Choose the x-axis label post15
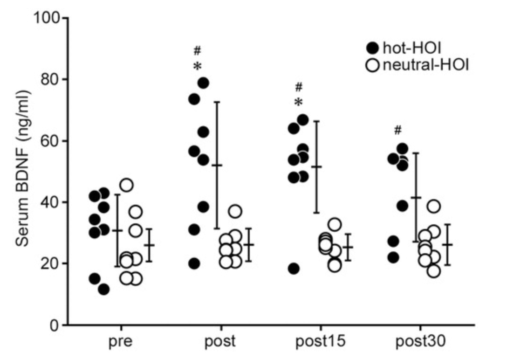click(x=320, y=343)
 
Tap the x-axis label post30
click(x=421, y=343)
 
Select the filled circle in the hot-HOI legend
click(x=372, y=48)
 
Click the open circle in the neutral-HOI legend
click(x=372, y=65)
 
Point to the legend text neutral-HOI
click(x=425, y=65)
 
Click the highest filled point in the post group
click(x=203, y=83)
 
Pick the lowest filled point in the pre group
click(x=103, y=289)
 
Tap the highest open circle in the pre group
click(x=126, y=185)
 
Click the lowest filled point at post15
click(x=294, y=269)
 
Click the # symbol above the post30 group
click(x=397, y=131)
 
